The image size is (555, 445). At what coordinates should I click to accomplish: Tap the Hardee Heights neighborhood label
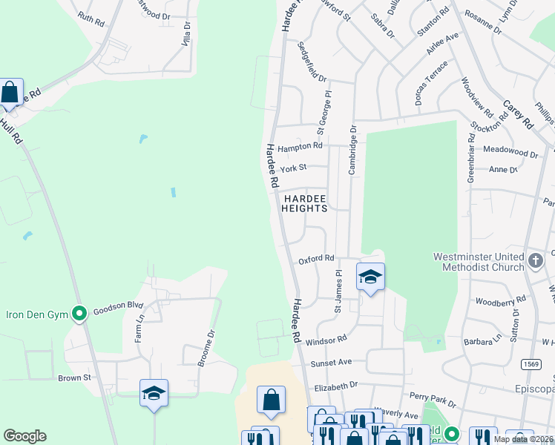pyautogui.click(x=304, y=203)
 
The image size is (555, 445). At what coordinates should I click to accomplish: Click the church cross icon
pyautogui.click(x=535, y=259)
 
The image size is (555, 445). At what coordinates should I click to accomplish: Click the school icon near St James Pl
pyautogui.click(x=370, y=277)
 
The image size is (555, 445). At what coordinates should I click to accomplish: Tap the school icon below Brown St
pyautogui.click(x=154, y=394)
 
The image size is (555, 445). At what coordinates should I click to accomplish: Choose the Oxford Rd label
pyautogui.click(x=317, y=259)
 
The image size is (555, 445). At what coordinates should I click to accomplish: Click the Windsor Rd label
pyautogui.click(x=326, y=338)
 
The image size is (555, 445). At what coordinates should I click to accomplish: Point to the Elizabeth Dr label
pyautogui.click(x=336, y=386)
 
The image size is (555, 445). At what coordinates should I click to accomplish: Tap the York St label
pyautogui.click(x=298, y=168)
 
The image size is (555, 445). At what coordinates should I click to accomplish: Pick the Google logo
pyautogui.click(x=25, y=436)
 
